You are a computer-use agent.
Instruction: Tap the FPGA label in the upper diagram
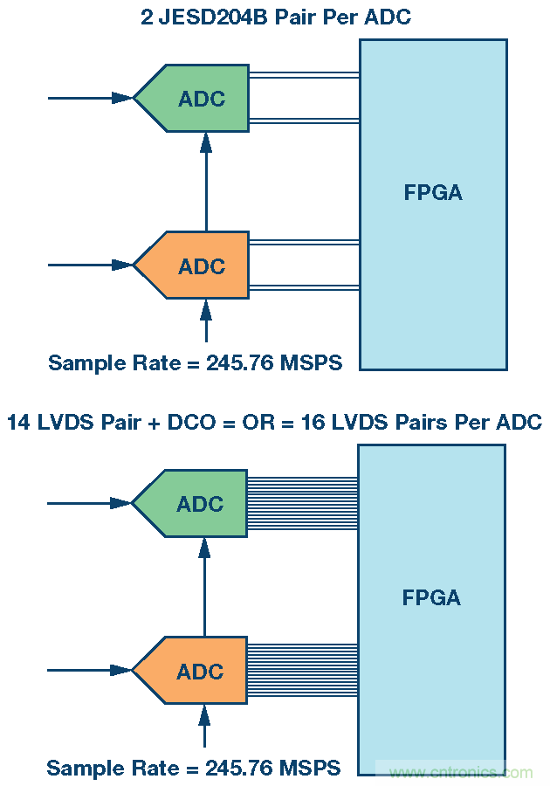(x=433, y=193)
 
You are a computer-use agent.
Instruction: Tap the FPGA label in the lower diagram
(x=431, y=598)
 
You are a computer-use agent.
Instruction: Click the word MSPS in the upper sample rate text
(x=313, y=362)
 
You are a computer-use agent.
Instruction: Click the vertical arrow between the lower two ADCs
(x=204, y=587)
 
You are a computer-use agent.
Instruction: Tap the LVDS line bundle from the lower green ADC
(x=303, y=504)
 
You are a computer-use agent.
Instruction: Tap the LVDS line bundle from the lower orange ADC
(x=303, y=672)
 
